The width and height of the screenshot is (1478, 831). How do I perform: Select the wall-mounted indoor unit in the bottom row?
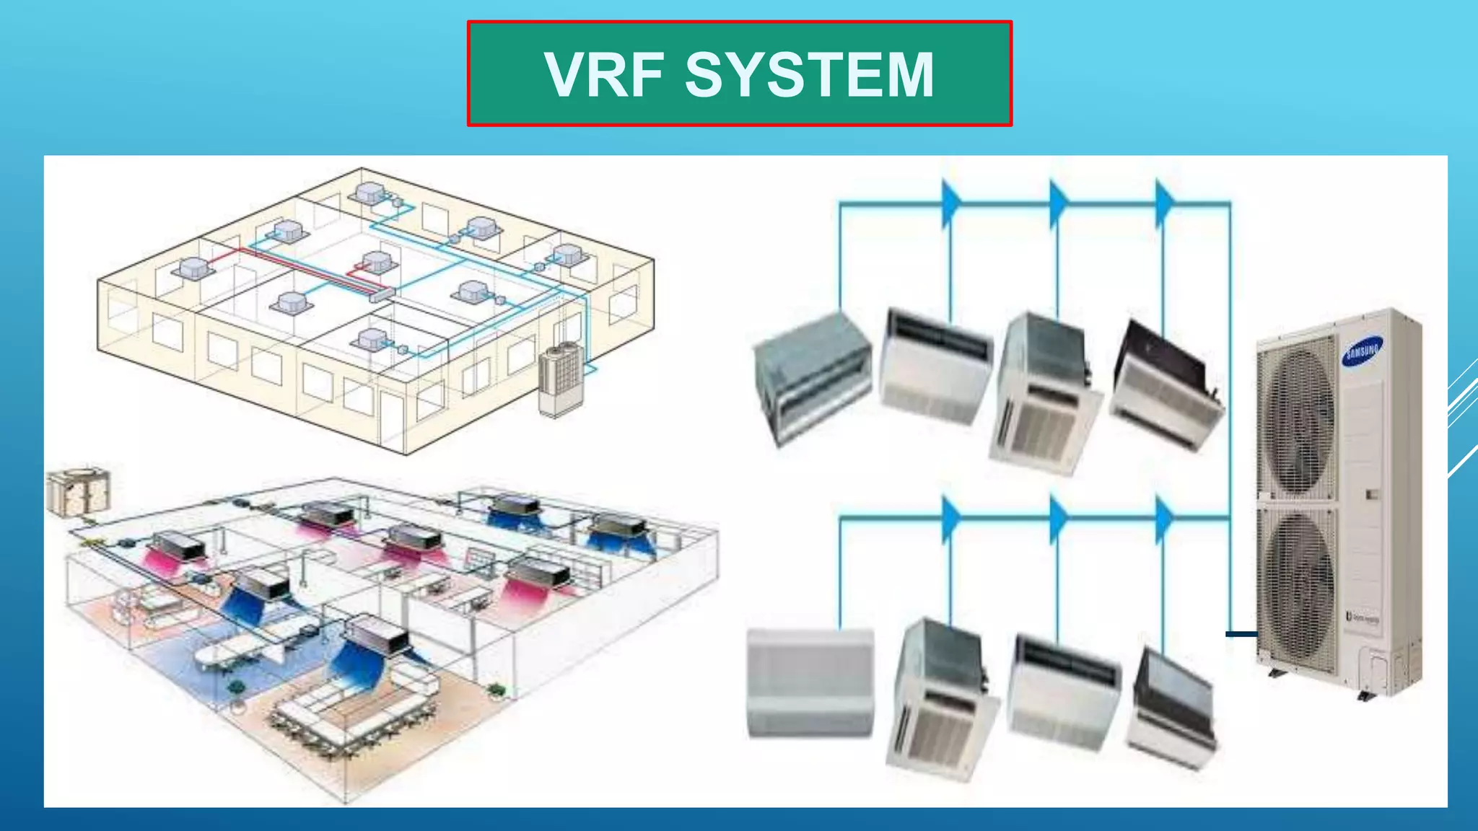coord(810,682)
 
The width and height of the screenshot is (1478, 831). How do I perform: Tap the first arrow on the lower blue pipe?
coord(951,518)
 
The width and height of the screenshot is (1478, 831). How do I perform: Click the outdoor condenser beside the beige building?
coord(561,379)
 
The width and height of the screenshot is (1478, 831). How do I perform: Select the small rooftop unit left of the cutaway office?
coord(78,492)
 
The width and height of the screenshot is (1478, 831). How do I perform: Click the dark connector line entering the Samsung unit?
coord(1241,634)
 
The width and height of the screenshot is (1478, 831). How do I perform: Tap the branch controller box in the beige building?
coord(382,294)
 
